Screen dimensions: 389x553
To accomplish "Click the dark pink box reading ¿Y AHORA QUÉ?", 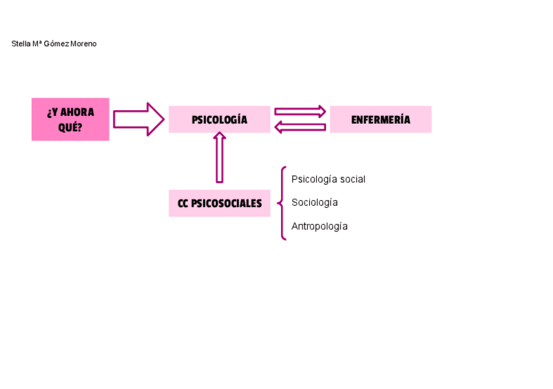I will [70, 119].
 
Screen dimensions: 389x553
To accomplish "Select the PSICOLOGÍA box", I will [219, 119].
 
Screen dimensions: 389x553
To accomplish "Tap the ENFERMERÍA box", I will [380, 119].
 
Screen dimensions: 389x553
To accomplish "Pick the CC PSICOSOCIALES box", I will [219, 203].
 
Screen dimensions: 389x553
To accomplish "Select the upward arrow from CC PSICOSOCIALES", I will [220, 157].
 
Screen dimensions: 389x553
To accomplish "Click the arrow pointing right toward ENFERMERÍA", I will [300, 111].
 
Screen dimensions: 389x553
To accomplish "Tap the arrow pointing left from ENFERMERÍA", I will [300, 127].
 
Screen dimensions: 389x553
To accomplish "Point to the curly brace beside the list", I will [282, 203].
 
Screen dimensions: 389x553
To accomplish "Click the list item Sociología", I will [314, 203].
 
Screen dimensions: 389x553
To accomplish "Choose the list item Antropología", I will [320, 226].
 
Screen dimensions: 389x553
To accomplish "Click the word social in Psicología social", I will [353, 179].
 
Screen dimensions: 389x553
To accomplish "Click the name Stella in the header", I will [21, 44].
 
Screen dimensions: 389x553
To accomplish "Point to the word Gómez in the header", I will [57, 44].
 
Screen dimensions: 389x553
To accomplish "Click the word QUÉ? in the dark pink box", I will [70, 127].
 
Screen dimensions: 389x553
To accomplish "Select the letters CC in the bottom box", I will [183, 203].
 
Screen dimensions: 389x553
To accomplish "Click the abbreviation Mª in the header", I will [37, 44].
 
